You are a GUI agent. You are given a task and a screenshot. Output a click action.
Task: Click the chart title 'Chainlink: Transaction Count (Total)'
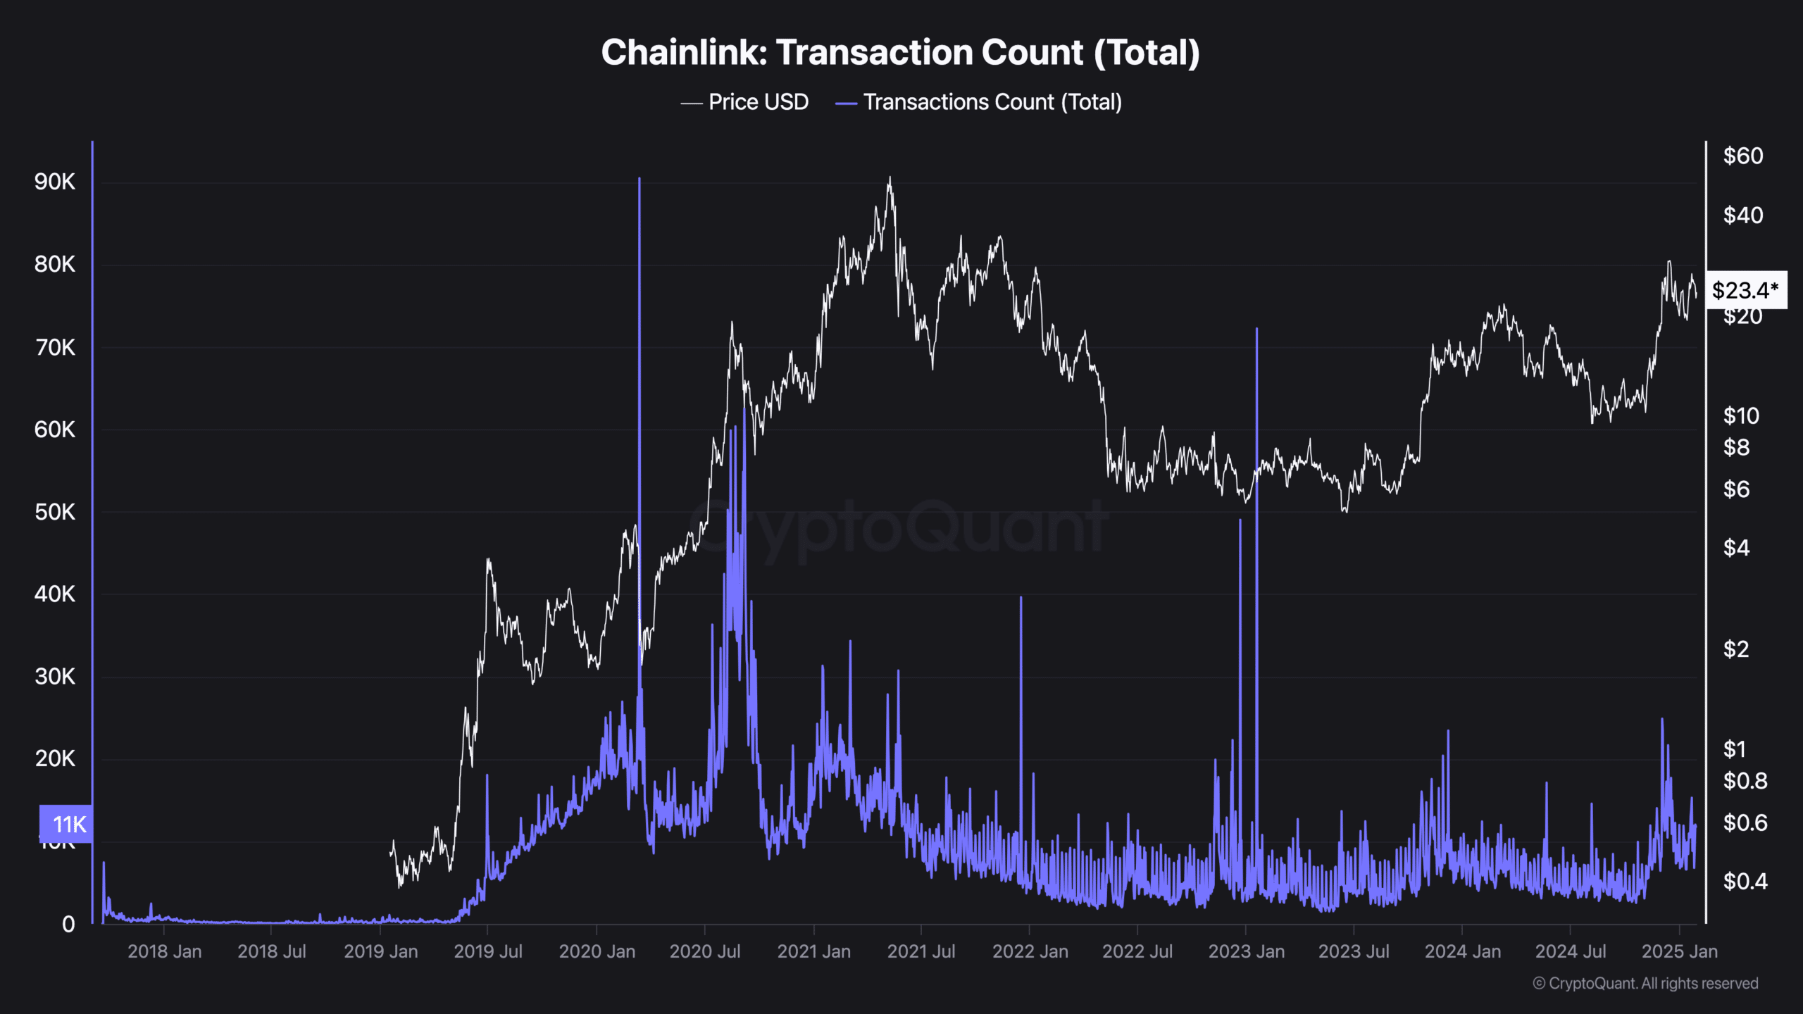click(900, 53)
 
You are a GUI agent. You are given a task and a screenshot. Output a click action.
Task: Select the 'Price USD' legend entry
click(758, 102)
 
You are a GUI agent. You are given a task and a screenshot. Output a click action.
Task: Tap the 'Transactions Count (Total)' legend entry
click(992, 102)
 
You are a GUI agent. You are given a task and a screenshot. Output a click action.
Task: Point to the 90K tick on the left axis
click(54, 182)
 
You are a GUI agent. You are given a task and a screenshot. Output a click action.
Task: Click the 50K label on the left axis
click(54, 512)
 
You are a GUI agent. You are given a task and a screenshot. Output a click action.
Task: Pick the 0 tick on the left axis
click(68, 924)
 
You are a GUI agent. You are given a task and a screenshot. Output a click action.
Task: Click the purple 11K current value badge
click(67, 824)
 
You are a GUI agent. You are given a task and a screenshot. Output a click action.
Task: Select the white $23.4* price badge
click(1745, 290)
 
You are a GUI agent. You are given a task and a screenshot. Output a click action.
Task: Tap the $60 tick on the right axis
click(1742, 156)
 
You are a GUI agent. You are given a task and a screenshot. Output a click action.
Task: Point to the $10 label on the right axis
click(1740, 415)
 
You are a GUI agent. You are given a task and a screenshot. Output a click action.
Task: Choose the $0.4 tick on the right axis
click(1745, 881)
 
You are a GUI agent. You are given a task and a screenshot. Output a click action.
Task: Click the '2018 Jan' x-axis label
click(164, 951)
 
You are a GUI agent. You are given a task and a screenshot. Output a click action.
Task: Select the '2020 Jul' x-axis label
click(704, 951)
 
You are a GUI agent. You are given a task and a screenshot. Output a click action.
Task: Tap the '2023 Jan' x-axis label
click(1246, 951)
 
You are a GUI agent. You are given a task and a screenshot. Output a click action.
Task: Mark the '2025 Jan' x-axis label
click(1679, 951)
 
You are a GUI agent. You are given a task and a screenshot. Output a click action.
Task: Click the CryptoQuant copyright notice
click(1645, 983)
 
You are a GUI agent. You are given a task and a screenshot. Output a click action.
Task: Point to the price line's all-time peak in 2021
click(890, 177)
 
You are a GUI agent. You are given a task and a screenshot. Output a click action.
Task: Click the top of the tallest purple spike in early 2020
click(639, 179)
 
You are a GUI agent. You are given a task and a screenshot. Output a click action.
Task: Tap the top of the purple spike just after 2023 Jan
click(1256, 329)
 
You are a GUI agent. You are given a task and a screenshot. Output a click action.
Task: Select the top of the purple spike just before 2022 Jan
click(1021, 598)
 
